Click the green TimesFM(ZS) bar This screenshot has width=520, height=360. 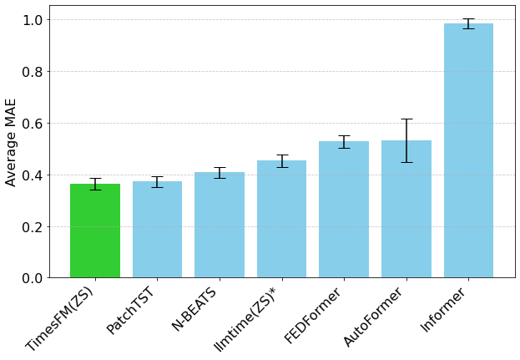[95, 231]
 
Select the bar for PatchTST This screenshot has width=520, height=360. [157, 230]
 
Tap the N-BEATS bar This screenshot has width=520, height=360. [220, 226]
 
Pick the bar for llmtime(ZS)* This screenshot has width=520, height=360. [282, 220]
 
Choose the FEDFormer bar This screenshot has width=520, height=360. [344, 210]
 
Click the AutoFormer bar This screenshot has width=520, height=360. [406, 210]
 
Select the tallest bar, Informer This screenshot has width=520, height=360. [468, 151]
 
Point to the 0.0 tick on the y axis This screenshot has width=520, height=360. [34, 278]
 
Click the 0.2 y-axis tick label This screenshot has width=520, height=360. [34, 226]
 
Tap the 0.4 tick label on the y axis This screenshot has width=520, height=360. [34, 175]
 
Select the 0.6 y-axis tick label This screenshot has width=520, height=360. [34, 123]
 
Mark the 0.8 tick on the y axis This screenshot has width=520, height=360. [34, 71]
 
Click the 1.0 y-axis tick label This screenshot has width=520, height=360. [34, 19]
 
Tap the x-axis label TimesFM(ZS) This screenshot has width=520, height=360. [61, 318]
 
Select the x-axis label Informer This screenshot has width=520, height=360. [442, 310]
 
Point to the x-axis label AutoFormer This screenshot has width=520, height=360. [373, 317]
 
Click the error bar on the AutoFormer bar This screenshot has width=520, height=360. [406, 140]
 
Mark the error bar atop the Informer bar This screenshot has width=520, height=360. [468, 23]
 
